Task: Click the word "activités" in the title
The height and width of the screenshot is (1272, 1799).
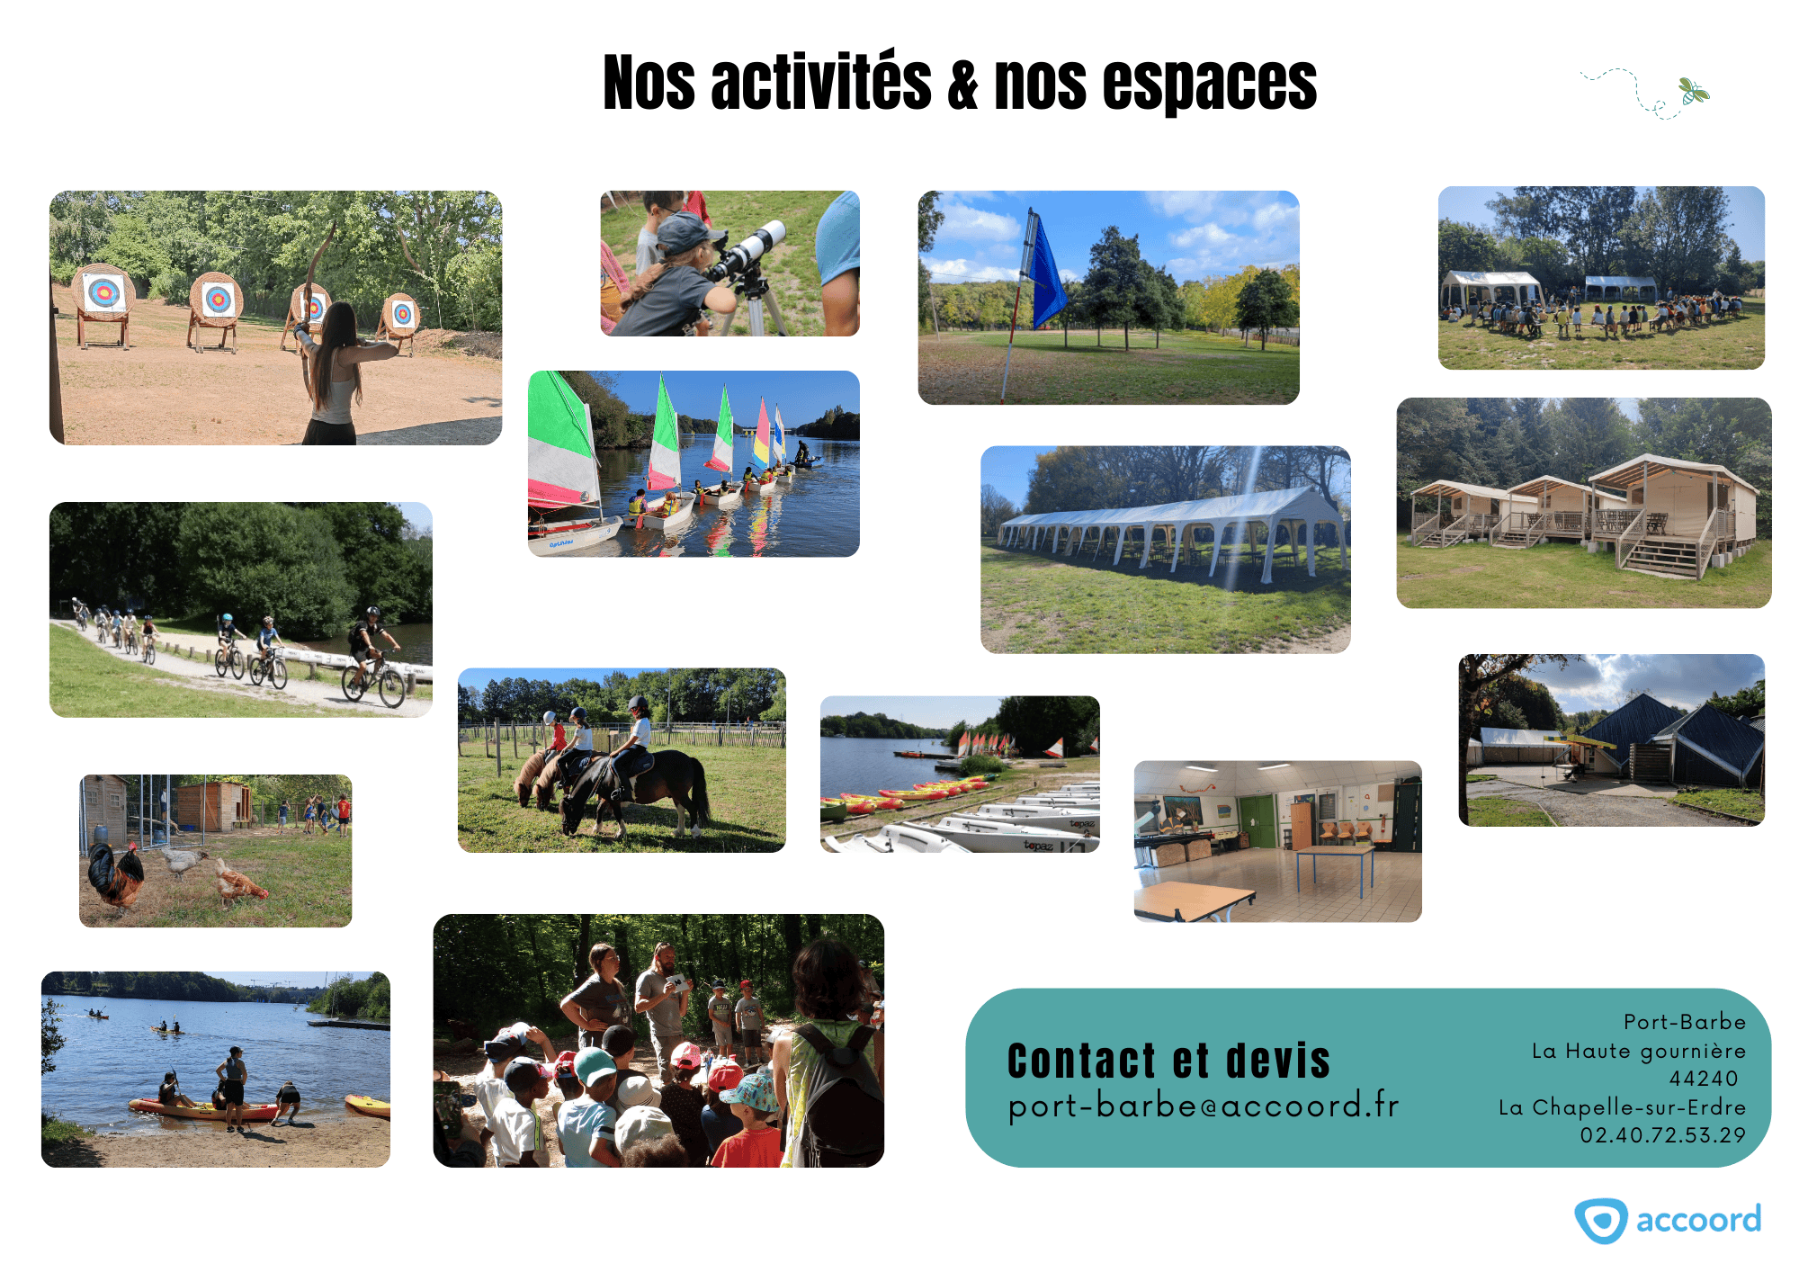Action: click(820, 83)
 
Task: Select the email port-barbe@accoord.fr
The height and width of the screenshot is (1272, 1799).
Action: click(1204, 1106)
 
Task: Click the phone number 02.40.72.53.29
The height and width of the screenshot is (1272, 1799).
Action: click(1662, 1134)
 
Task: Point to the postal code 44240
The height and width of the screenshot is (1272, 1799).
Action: click(1703, 1078)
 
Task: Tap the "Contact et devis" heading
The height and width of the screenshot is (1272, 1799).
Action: click(1168, 1060)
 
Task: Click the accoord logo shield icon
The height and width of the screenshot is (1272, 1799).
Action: click(1600, 1221)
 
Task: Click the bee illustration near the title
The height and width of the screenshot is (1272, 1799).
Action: click(1693, 91)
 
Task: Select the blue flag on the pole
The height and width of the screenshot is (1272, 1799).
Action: click(1046, 270)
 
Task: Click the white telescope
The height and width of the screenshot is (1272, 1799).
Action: click(748, 251)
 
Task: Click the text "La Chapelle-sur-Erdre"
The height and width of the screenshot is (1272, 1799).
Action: click(1622, 1106)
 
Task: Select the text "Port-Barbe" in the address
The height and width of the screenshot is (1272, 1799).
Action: click(1684, 1022)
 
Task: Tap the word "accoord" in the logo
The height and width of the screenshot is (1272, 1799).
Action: click(1698, 1221)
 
